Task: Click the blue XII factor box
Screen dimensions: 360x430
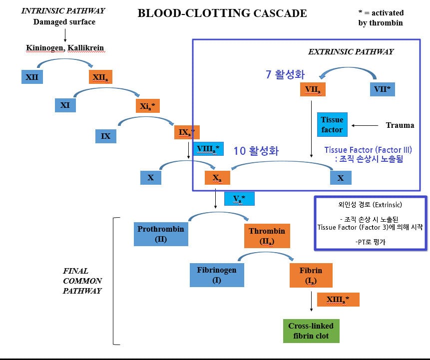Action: tap(32, 77)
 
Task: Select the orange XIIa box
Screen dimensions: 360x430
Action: tap(102, 77)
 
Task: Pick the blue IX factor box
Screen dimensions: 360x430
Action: tap(105, 135)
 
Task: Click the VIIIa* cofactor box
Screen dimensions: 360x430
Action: tap(208, 148)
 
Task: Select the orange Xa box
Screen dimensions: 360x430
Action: tap(217, 177)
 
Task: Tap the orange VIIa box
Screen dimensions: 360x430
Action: tap(313, 89)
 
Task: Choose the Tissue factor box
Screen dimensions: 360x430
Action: tap(332, 125)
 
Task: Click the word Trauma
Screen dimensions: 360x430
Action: tap(400, 125)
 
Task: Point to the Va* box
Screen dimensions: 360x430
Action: tap(239, 198)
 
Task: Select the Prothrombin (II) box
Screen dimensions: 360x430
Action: tap(161, 234)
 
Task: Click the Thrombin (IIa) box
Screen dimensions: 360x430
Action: tap(267, 235)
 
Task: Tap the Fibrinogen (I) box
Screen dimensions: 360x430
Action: tap(217, 275)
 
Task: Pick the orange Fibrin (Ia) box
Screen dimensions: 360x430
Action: tap(311, 275)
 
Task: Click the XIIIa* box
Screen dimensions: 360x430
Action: tap(337, 299)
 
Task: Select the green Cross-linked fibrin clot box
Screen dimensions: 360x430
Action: tap(311, 331)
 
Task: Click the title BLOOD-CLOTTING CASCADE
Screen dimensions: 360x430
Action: tap(222, 13)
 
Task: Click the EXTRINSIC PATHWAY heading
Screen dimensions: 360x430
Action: tap(350, 51)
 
